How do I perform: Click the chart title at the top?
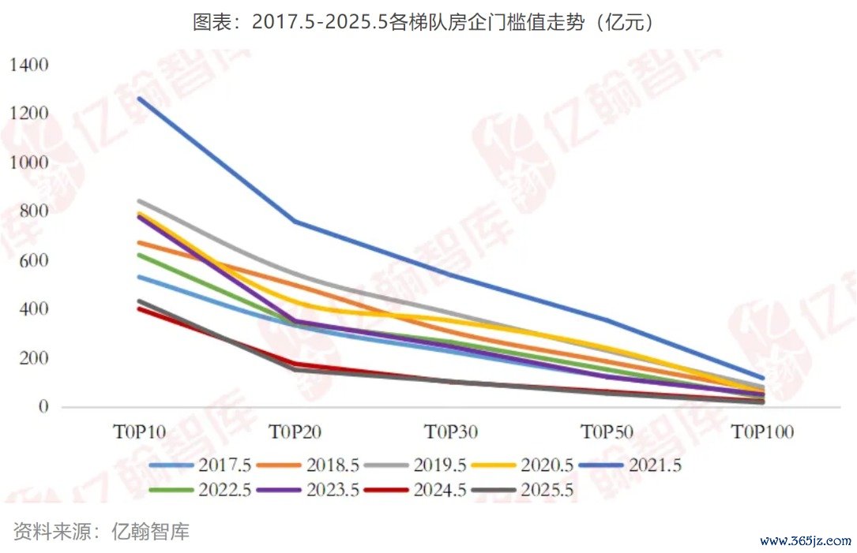point(427,22)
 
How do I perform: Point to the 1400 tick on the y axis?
point(29,65)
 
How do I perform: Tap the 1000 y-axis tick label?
point(29,163)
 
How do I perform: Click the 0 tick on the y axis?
point(44,407)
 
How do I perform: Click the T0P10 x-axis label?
point(139,432)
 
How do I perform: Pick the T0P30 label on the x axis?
point(451,432)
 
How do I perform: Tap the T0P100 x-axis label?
point(761,432)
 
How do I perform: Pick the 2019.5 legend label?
point(439,465)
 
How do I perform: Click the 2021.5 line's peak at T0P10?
point(139,98)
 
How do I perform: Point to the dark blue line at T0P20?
point(295,222)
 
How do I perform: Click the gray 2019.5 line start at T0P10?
point(139,200)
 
